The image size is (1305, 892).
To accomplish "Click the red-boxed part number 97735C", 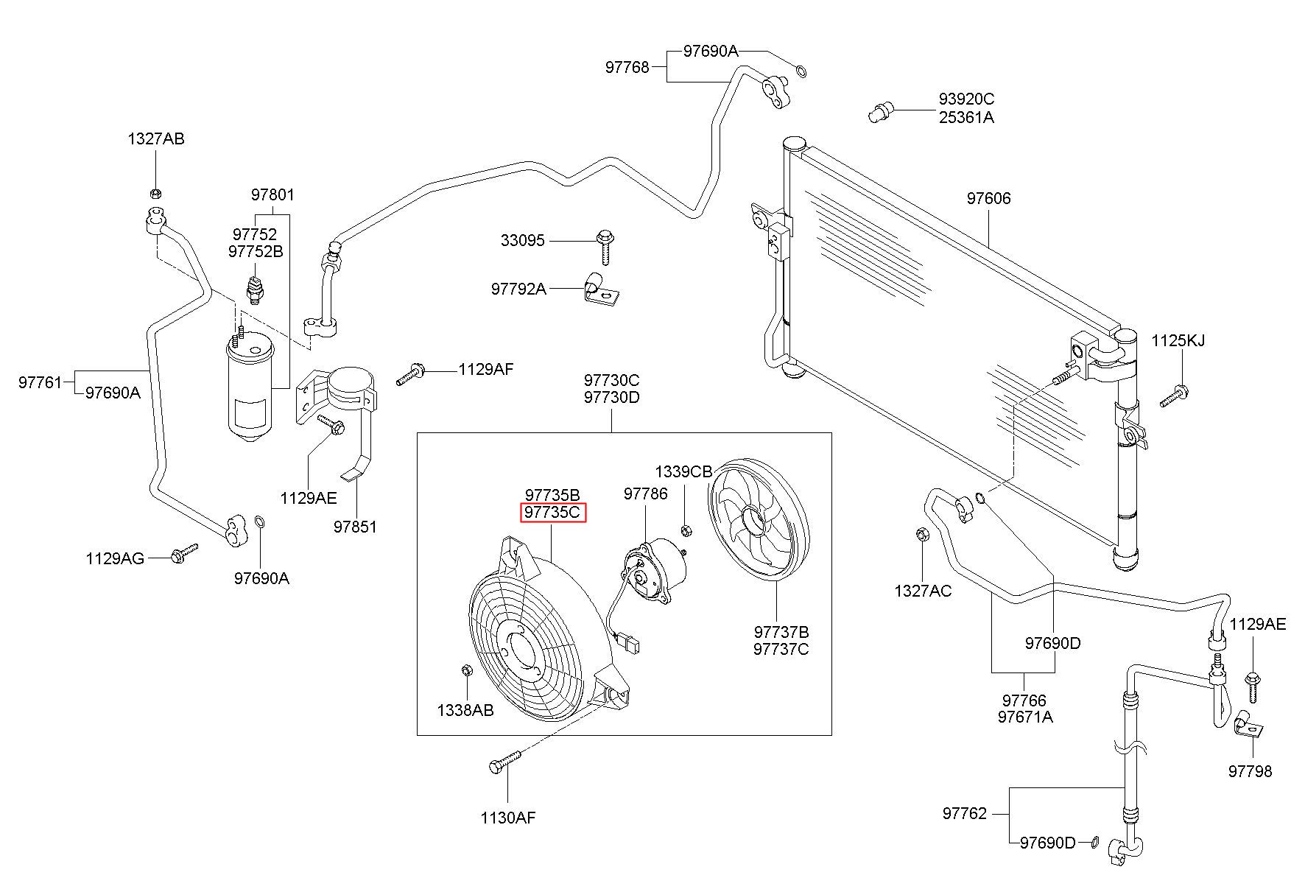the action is pos(553,512).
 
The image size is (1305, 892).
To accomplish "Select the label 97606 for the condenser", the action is pos(988,198).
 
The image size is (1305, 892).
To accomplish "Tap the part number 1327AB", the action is pos(155,138).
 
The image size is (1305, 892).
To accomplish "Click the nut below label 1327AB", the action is pos(155,194).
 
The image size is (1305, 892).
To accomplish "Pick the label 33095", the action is pos(522,240).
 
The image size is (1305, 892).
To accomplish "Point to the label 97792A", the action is pos(518,289).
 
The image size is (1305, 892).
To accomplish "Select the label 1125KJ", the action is pos(1178,340).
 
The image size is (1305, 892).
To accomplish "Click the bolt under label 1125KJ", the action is pos(1174,396).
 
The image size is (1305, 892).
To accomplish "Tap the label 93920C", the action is pos(966,99).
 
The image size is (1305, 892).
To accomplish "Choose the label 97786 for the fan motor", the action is pos(645,494).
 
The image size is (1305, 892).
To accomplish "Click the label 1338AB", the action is pos(465,710).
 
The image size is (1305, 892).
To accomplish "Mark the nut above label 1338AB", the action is pos(465,670).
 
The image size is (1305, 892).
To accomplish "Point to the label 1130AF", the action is pos(508,817).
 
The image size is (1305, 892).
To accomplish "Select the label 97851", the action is pos(355,527).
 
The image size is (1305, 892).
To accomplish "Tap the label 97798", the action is pos(1250,771).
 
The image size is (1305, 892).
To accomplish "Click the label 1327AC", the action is pos(923,591).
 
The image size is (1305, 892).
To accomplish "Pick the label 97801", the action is pos(272,195).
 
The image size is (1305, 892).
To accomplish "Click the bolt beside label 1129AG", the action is pos(184,553).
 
